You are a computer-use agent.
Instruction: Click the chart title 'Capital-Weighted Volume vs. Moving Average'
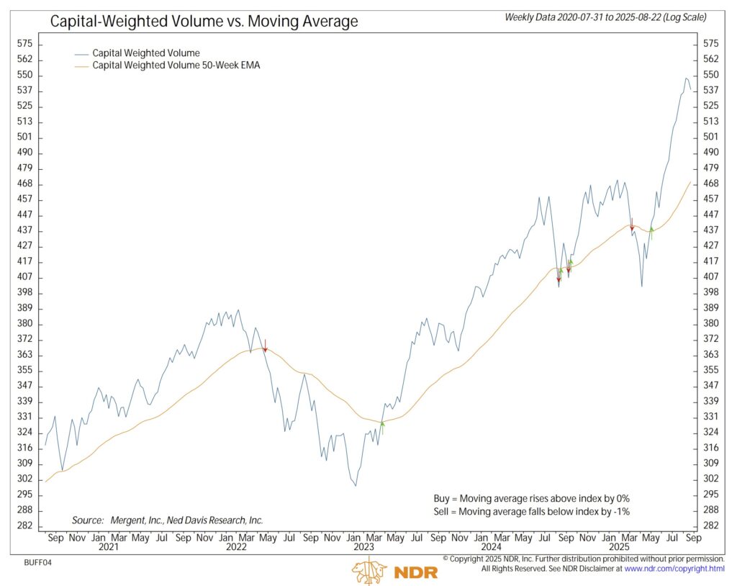tap(204, 21)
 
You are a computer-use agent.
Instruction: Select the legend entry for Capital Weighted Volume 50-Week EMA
tap(176, 66)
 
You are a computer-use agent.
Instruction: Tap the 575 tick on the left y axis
tap(24, 44)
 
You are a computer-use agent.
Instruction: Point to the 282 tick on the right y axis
tap(710, 526)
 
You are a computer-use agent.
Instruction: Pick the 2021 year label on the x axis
tap(108, 546)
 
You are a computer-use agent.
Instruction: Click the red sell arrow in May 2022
tap(265, 346)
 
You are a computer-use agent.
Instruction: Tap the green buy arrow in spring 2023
tap(382, 428)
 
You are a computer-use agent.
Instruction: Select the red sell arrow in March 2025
tap(632, 224)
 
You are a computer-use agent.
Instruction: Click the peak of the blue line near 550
tap(686, 78)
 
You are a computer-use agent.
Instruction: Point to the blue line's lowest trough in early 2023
tap(356, 485)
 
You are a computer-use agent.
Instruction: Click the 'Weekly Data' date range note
tap(605, 17)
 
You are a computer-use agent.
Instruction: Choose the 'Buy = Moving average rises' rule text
tap(528, 498)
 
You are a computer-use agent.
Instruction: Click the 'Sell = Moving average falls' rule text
tap(528, 511)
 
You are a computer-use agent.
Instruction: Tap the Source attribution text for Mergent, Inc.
tap(168, 520)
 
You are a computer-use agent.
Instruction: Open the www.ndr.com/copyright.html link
tap(675, 569)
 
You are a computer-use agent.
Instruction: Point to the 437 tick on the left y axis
tap(24, 230)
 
